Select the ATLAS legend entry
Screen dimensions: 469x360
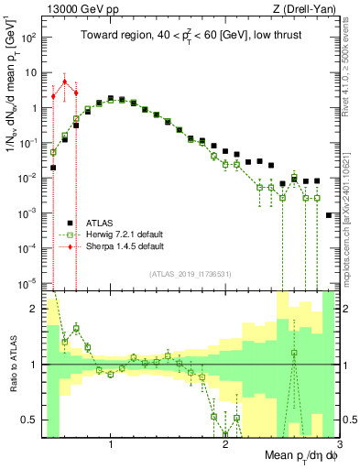click(99, 223)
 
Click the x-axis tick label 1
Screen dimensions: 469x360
click(111, 443)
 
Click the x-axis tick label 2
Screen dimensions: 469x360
click(225, 443)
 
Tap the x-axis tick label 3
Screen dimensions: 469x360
click(337, 443)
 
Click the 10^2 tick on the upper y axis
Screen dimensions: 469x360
click(29, 38)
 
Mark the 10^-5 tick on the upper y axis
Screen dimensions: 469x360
click(29, 282)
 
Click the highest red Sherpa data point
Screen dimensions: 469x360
click(64, 82)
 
